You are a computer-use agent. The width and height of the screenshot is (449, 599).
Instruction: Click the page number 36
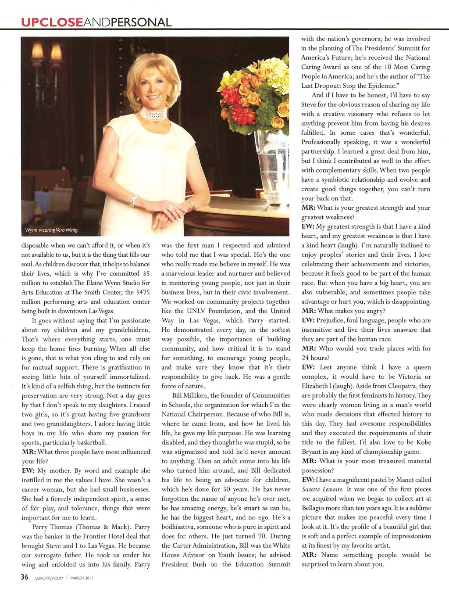25,577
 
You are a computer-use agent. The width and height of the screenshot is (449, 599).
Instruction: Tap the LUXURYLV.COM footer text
49,578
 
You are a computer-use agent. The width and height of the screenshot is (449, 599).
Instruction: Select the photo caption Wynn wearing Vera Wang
52,230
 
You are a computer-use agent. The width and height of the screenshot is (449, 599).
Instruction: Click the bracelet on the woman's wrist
133,201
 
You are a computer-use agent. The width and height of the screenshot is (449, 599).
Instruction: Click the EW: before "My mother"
28,470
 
